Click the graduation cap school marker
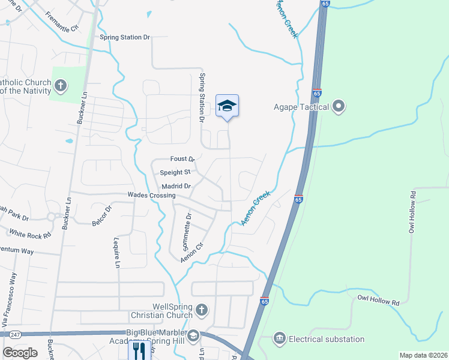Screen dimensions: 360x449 227,107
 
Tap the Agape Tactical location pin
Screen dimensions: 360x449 339,107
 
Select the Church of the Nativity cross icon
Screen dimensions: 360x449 60,86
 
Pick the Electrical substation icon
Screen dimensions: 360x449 279,339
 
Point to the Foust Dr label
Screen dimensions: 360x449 182,159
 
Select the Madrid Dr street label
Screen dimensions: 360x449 175,186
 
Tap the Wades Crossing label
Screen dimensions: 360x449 151,196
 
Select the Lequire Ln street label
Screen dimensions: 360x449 117,253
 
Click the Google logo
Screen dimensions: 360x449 20,353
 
